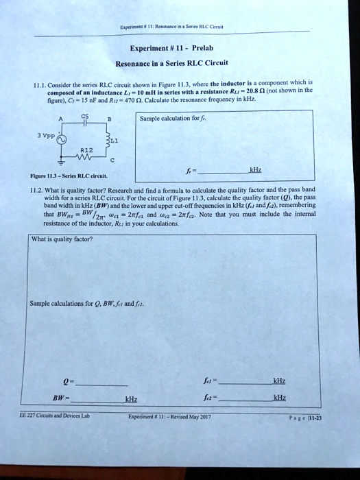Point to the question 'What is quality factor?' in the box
click(x=63, y=239)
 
